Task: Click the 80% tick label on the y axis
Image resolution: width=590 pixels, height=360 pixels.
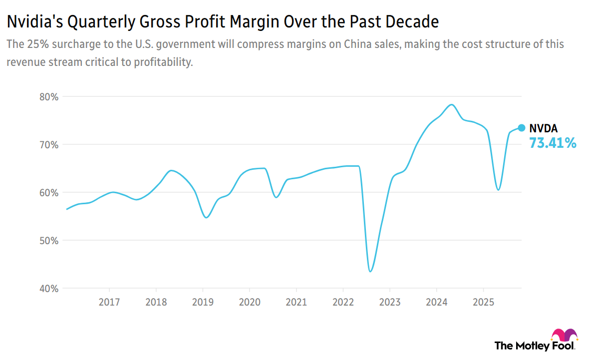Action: point(48,97)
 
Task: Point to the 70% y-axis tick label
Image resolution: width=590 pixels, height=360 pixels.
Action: point(48,145)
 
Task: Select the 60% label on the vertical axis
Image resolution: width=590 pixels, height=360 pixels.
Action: point(48,193)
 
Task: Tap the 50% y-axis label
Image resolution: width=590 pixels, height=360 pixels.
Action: point(48,241)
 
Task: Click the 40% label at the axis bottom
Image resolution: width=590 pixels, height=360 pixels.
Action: point(48,289)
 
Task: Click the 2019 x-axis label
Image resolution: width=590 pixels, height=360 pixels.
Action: point(203,302)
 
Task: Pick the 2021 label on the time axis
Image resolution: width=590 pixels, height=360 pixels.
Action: point(296,302)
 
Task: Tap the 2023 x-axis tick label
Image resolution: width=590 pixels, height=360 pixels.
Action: point(389,302)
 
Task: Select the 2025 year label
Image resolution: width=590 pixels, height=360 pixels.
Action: point(483,302)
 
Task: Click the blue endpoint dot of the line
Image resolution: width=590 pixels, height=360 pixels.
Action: point(521,128)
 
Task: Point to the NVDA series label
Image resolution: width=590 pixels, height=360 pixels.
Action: point(544,129)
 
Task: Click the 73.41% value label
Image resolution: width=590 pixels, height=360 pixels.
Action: point(553,144)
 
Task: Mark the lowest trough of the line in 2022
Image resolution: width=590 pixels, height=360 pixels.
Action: point(370,272)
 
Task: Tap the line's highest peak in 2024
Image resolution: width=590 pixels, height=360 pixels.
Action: point(451,104)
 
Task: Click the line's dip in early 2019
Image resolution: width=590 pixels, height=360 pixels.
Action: point(206,217)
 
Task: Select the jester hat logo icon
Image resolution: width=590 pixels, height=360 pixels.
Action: point(564,335)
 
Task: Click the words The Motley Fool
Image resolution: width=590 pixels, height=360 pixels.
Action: point(535,346)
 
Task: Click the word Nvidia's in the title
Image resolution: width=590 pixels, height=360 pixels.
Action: point(30,22)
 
